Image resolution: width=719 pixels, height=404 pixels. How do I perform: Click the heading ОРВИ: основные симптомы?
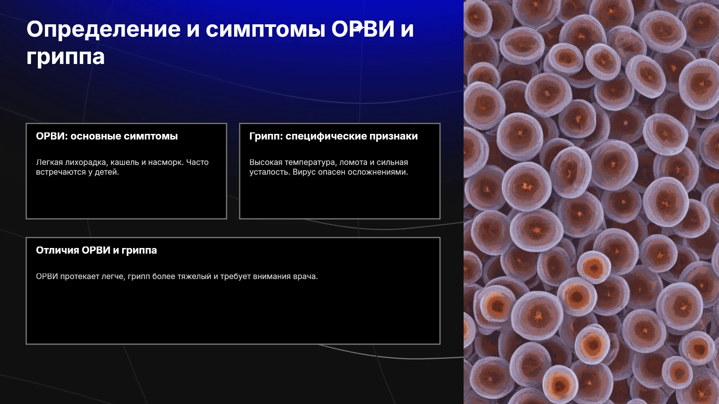(x=107, y=136)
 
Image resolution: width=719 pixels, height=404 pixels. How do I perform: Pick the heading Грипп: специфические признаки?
(x=334, y=136)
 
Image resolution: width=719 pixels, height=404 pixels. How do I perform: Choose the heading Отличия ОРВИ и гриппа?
(x=96, y=250)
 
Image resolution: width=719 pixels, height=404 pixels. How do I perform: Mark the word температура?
(x=310, y=162)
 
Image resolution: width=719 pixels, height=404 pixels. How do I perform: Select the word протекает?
(x=80, y=276)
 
